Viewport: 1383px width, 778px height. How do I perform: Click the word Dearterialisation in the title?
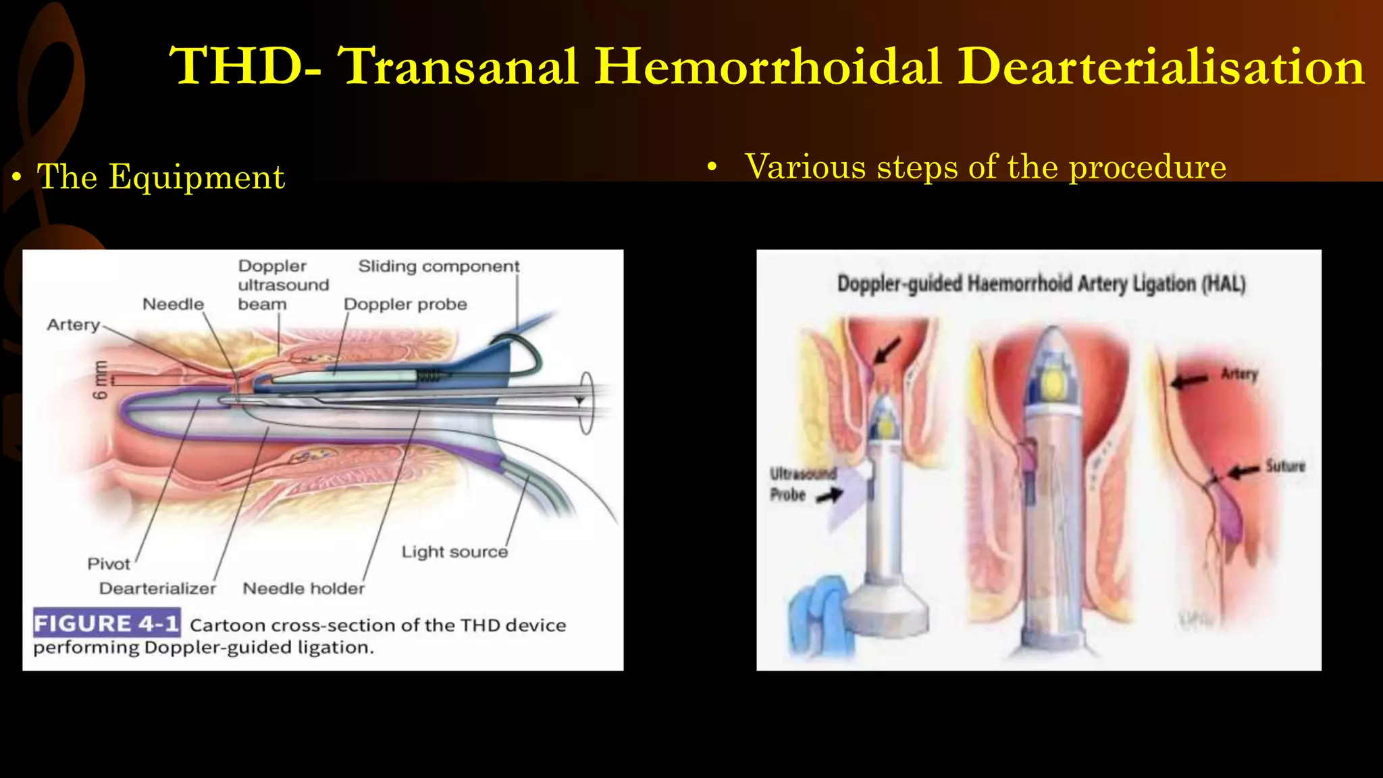tap(1162, 66)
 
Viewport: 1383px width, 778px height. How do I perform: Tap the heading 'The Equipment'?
tap(161, 177)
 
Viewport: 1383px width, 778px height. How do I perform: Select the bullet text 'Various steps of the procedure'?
tap(985, 167)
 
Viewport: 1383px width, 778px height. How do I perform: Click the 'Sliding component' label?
tap(439, 266)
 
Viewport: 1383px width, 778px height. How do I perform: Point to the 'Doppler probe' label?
tap(405, 304)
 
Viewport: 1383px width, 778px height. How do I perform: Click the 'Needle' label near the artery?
tap(173, 304)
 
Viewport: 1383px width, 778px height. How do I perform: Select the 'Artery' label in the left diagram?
tap(73, 325)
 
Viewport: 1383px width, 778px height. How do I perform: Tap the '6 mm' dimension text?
tap(100, 380)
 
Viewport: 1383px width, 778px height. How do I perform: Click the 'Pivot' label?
tap(108, 564)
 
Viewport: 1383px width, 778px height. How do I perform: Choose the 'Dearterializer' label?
tap(157, 588)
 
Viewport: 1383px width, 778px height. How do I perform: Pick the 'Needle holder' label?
tap(303, 588)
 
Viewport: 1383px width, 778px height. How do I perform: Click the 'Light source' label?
tap(454, 552)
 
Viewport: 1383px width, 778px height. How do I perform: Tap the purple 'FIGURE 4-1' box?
tap(107, 623)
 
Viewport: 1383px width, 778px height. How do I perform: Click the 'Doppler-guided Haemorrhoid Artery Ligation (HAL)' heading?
tap(1041, 284)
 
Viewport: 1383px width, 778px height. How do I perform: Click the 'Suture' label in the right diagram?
tap(1284, 466)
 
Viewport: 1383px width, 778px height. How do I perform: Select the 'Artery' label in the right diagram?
tap(1238, 374)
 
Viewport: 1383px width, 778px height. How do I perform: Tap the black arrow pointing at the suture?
tap(1243, 471)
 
